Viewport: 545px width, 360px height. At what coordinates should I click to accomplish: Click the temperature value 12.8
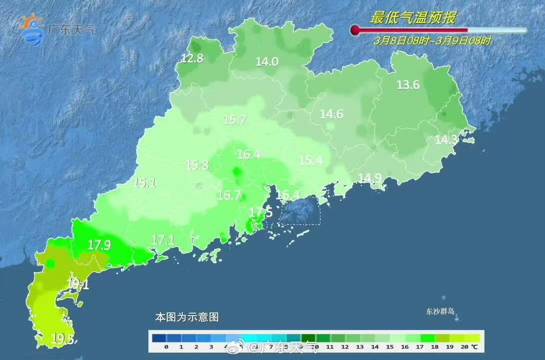click(192, 58)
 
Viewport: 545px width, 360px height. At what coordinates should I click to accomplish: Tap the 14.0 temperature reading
click(266, 62)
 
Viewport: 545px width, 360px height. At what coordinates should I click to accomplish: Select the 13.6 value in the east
click(408, 85)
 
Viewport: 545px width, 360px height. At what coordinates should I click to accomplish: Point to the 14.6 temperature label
click(331, 114)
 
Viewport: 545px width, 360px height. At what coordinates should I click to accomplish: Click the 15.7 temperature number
click(234, 120)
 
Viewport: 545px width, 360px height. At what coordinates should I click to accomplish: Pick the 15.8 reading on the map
click(197, 164)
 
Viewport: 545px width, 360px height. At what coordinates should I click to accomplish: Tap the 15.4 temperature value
click(310, 160)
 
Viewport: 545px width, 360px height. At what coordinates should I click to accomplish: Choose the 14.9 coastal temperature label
click(369, 177)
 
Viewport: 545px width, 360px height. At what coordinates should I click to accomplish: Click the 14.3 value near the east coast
click(446, 140)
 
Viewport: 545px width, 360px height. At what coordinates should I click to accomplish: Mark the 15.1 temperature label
click(144, 182)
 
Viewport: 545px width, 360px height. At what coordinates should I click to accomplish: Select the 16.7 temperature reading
click(229, 195)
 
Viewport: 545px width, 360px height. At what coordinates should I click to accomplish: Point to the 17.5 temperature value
click(260, 212)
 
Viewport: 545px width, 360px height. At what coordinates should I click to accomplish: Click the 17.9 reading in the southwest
click(98, 245)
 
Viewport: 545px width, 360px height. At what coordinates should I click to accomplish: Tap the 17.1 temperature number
click(162, 240)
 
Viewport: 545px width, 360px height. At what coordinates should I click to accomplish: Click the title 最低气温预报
click(412, 18)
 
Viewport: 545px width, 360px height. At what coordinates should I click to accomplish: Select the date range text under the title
click(432, 41)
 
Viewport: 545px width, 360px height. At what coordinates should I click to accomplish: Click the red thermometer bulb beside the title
click(355, 30)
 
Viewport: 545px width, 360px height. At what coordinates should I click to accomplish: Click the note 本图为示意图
click(187, 317)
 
